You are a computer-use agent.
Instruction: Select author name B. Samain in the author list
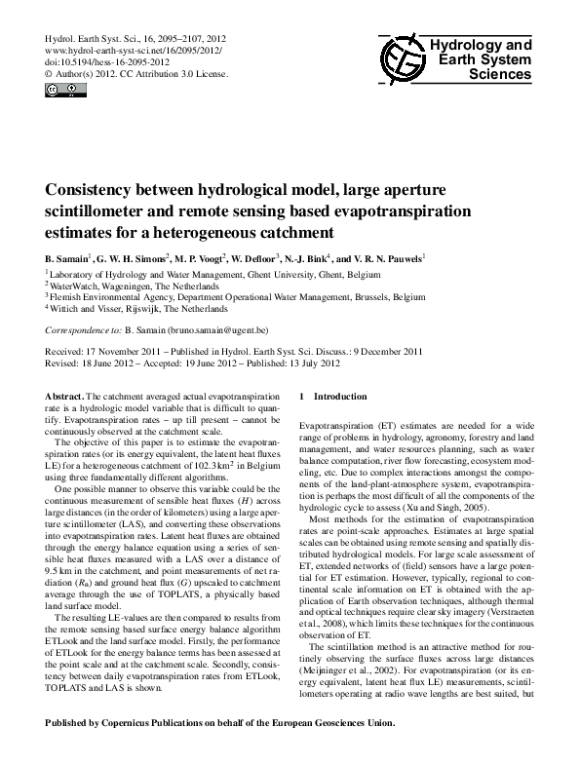click(x=70, y=259)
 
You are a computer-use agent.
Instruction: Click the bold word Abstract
click(x=64, y=398)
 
